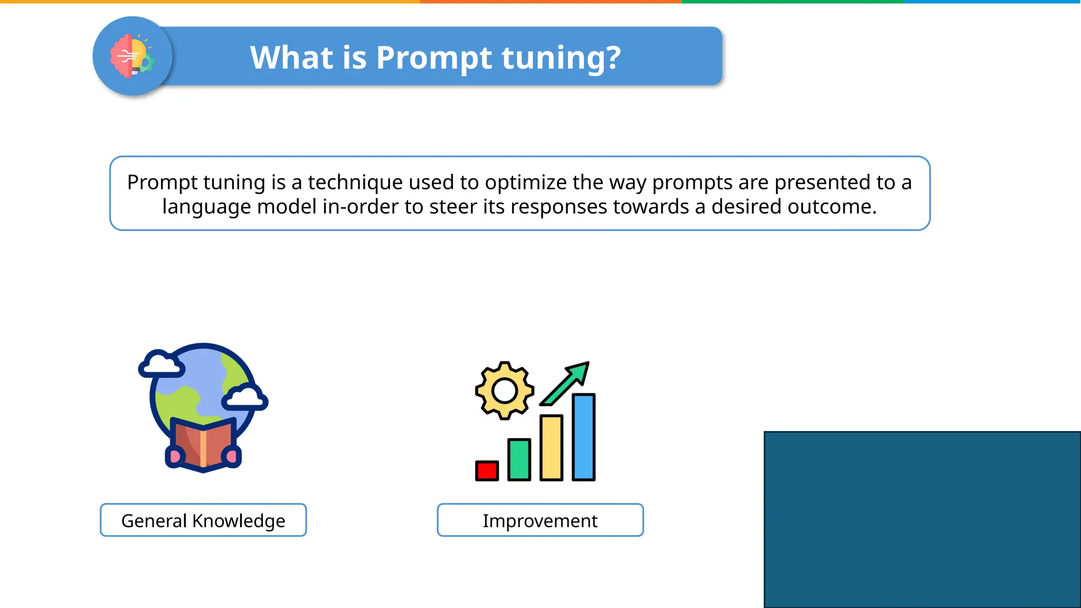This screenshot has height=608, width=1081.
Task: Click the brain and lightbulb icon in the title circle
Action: point(132,56)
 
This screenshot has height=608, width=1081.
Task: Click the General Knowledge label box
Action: point(203,520)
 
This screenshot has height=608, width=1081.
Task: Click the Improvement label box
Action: point(540,520)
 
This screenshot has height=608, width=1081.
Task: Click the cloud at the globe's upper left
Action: point(160,364)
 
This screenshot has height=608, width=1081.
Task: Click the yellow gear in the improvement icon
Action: point(504,391)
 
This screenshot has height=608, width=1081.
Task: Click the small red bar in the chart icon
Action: point(487,471)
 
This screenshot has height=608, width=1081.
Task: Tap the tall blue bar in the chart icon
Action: point(583,437)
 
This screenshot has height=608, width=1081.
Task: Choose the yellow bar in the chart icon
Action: point(551,448)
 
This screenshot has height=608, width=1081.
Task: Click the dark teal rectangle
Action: point(922,519)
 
